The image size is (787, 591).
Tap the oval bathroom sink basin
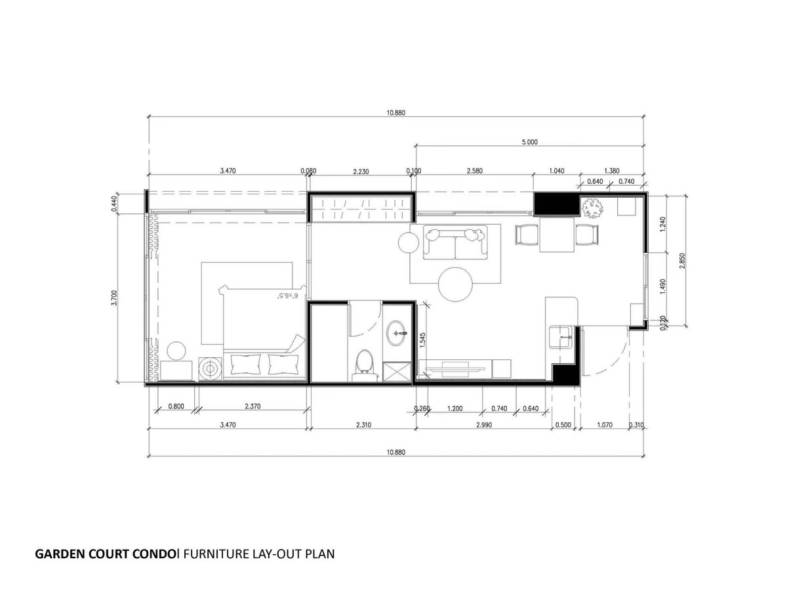(396, 333)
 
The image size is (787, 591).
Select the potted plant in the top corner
(592, 208)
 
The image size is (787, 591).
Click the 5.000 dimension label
(529, 142)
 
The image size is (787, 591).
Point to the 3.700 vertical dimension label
(114, 297)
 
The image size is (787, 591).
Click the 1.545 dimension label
(422, 340)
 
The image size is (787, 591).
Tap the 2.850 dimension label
(682, 261)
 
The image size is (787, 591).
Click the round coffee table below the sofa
(455, 284)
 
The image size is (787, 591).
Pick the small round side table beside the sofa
(409, 242)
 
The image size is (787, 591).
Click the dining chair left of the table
(527, 234)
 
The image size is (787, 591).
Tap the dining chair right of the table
(587, 234)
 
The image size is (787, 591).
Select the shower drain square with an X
(397, 372)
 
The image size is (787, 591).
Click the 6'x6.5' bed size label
(287, 295)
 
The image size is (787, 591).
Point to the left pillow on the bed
(246, 364)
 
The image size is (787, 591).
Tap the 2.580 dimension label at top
(474, 171)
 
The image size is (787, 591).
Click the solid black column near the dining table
(556, 204)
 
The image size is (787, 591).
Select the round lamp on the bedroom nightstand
(176, 351)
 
